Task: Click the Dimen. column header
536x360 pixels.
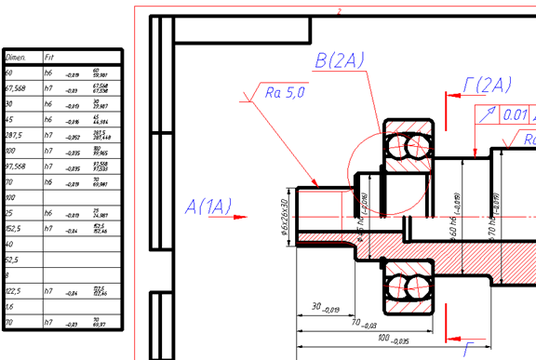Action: tap(19, 57)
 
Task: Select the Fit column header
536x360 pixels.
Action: tap(51, 57)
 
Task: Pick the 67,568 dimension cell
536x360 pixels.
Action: tap(15, 88)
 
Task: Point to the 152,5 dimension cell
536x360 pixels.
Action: tap(14, 229)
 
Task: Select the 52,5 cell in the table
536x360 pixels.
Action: tap(12, 260)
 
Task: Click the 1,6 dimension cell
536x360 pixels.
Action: tap(10, 307)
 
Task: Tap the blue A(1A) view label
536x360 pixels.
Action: tap(208, 206)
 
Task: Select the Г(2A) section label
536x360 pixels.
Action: tap(487, 86)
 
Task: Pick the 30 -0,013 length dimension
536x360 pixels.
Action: tap(326, 308)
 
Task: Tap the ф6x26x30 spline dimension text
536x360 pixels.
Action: tap(286, 215)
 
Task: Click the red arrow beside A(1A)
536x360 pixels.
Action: tap(240, 218)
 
